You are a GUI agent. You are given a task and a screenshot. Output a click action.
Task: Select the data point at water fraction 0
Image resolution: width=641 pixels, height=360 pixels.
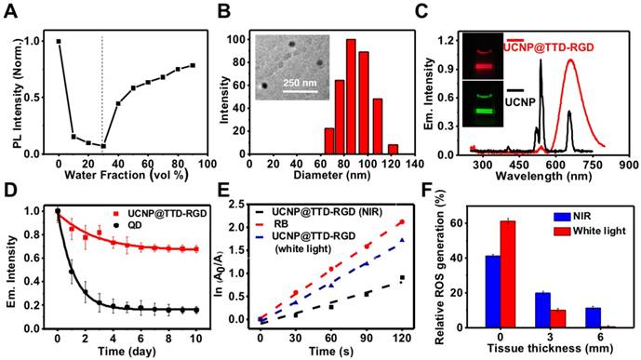[x=59, y=41]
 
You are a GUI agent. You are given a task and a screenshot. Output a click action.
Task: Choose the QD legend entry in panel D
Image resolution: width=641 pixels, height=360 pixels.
[x=147, y=224]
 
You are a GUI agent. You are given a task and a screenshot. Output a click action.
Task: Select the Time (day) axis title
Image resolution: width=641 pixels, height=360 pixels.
[x=125, y=353]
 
